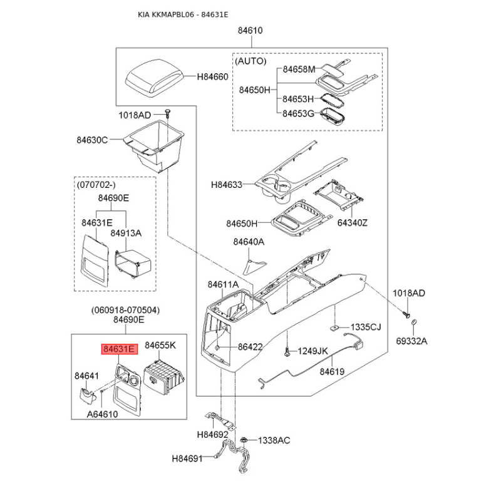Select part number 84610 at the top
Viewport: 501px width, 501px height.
pos(250,30)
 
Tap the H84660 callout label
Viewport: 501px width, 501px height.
pos(212,77)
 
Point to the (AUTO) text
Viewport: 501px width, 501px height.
pos(250,61)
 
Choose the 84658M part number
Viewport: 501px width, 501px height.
pos(299,70)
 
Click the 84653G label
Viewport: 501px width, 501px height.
pos(297,113)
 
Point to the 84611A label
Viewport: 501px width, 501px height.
pos(223,285)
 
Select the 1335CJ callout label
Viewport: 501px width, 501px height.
pos(365,328)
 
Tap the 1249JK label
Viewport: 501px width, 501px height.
pos(312,351)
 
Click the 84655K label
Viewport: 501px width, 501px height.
pos(160,345)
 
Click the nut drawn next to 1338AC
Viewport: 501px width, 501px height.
pos(248,440)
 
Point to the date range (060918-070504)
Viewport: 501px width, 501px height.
pos(125,309)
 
